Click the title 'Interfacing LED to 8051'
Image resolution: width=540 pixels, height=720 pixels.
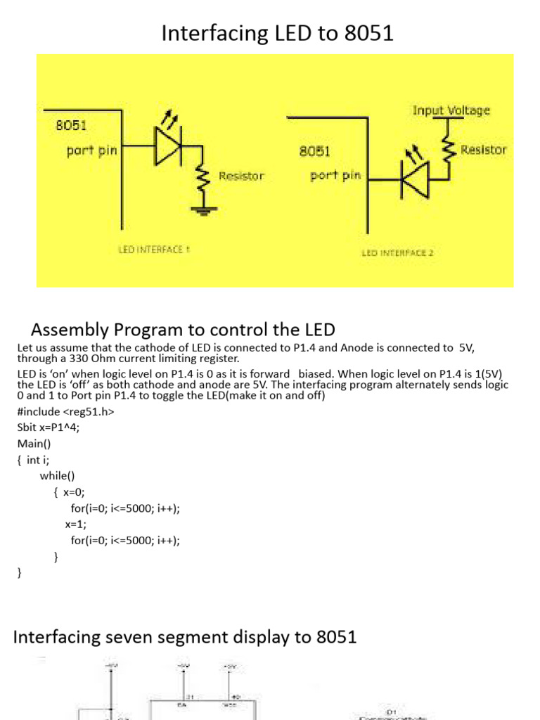[277, 33]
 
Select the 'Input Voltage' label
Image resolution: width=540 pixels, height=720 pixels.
[451, 110]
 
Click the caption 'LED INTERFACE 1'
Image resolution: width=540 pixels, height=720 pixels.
[154, 250]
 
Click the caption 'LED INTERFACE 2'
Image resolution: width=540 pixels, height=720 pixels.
[397, 252]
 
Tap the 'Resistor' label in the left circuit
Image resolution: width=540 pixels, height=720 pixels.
[241, 176]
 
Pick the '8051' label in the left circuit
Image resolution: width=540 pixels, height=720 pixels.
[71, 126]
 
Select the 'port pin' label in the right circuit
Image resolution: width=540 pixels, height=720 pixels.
[335, 175]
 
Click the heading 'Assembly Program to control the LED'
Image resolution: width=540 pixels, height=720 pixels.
[184, 329]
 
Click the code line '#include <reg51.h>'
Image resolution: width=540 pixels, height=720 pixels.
[65, 412]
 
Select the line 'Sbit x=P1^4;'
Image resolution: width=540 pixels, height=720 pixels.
[49, 428]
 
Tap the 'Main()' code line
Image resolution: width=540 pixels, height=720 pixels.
[34, 444]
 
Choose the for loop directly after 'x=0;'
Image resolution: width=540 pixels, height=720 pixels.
[130, 508]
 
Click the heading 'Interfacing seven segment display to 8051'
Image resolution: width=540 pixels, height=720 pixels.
[186, 637]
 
